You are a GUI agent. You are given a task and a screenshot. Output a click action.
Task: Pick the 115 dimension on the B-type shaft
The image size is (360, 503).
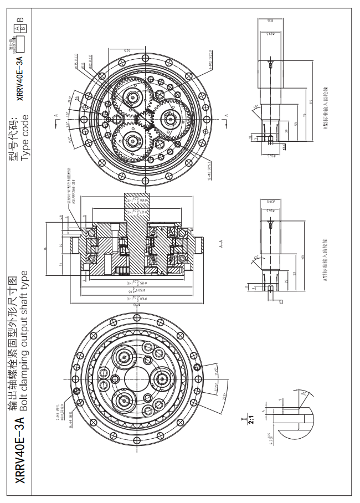pyautogui.click(x=312, y=102)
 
